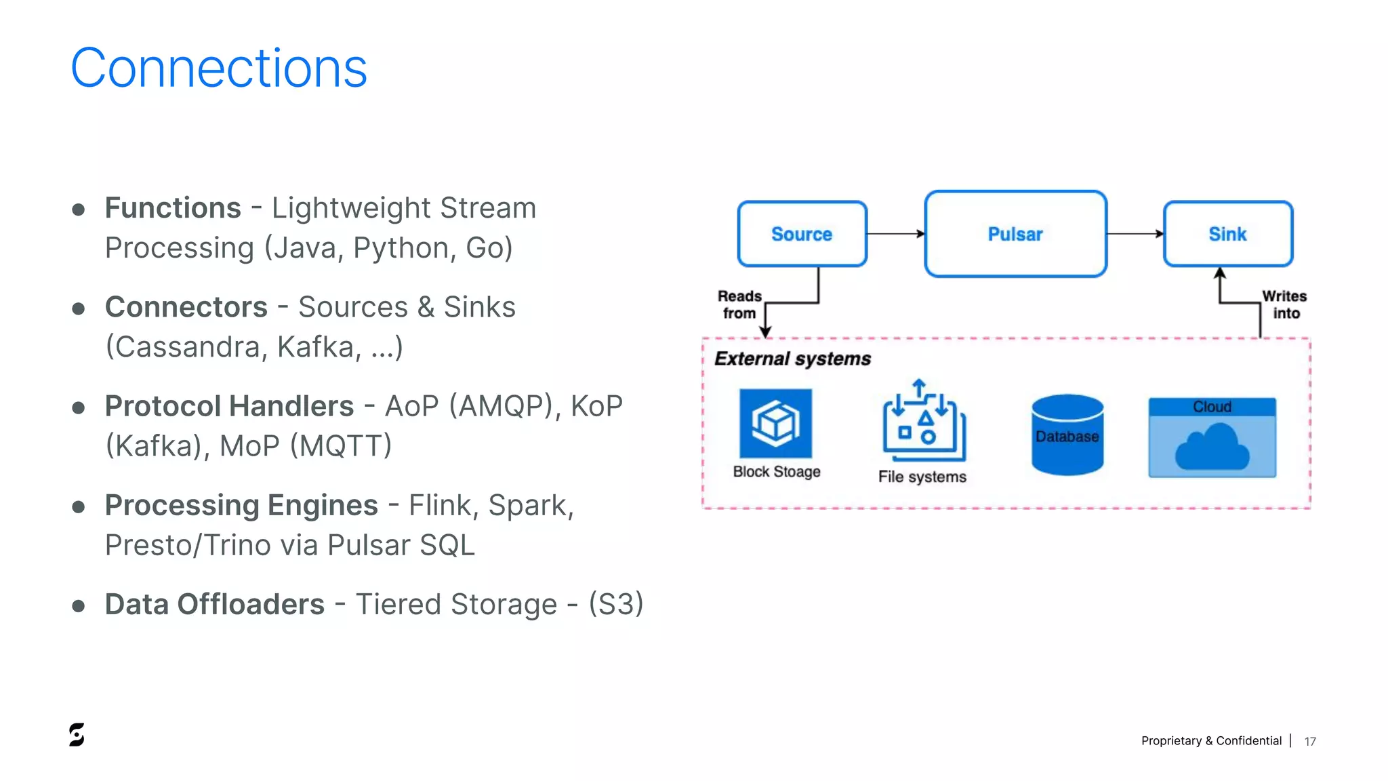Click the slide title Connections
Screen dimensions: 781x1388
click(x=218, y=68)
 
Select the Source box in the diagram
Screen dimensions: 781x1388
click(x=802, y=234)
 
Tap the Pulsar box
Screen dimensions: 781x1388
click(x=1015, y=234)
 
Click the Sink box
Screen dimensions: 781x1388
click(x=1227, y=234)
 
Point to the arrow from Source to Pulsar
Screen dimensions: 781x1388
click(x=895, y=234)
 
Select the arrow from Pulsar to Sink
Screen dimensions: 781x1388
click(x=1135, y=234)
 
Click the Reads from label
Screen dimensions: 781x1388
click(x=739, y=304)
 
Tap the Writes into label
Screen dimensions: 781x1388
click(x=1284, y=304)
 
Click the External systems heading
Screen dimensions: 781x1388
click(x=792, y=359)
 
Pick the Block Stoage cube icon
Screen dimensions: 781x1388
click(x=775, y=423)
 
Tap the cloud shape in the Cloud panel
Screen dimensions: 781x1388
click(x=1212, y=447)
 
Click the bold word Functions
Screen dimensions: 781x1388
click(x=173, y=208)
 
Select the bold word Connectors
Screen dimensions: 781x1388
click(x=186, y=307)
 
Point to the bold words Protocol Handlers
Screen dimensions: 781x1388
click(x=229, y=406)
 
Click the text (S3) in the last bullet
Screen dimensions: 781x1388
click(x=615, y=604)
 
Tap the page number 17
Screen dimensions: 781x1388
click(x=1310, y=742)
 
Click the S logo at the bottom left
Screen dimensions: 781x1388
click(x=77, y=734)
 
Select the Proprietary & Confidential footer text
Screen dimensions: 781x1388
click(x=1211, y=741)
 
